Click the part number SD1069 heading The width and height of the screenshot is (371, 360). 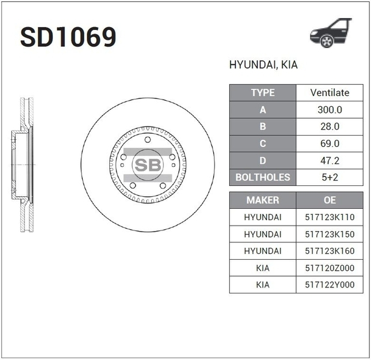tap(68, 37)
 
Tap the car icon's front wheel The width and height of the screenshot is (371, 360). tap(327, 41)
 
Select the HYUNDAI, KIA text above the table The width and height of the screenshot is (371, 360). tap(264, 65)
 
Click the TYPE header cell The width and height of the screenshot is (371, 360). tap(262, 93)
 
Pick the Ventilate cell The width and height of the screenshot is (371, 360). tap(330, 93)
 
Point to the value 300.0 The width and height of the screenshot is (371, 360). tap(330, 110)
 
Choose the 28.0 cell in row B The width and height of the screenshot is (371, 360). tap(330, 127)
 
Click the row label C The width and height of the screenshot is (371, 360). tap(262, 143)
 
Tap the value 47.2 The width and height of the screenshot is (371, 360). tap(330, 161)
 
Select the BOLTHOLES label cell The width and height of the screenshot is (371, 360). tap(262, 177)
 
